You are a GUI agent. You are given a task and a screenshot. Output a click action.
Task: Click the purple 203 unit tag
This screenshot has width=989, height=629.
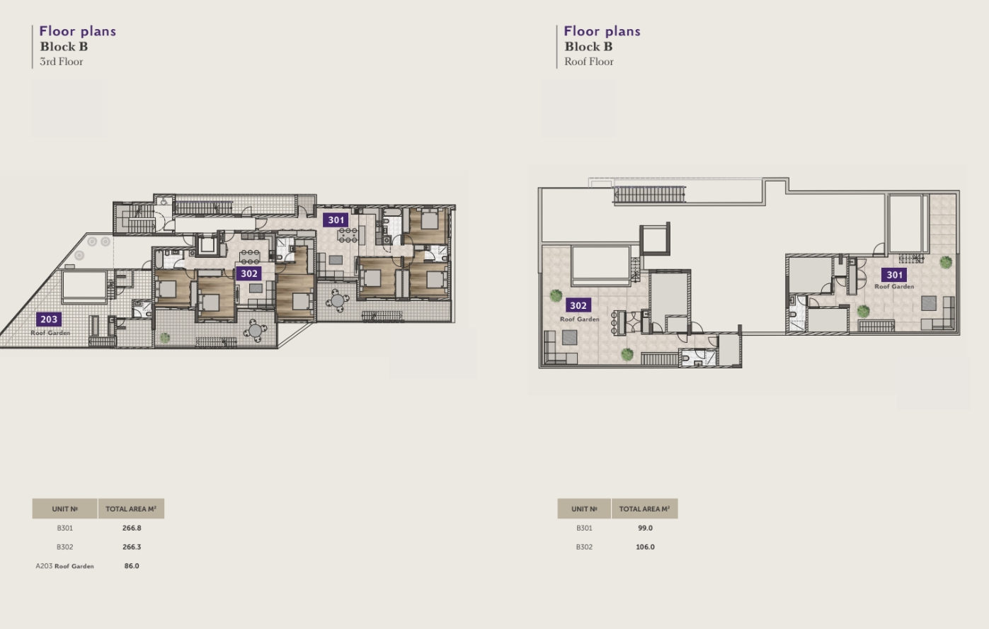click(x=49, y=319)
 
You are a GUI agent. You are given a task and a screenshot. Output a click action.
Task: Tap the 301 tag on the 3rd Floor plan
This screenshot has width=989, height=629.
click(x=336, y=220)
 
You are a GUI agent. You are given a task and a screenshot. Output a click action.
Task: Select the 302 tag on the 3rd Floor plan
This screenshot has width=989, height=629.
click(x=248, y=274)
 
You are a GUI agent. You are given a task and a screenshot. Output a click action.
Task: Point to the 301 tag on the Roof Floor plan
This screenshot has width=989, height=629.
click(x=894, y=275)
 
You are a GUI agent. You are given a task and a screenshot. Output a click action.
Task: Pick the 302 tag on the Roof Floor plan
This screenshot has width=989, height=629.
click(x=578, y=305)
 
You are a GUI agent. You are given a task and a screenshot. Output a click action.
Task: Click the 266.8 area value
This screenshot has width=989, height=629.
click(x=132, y=528)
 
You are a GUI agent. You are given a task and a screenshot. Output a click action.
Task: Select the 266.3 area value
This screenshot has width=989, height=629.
click(x=132, y=547)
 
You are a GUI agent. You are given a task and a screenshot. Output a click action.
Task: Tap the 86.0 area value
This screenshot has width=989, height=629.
click(x=132, y=566)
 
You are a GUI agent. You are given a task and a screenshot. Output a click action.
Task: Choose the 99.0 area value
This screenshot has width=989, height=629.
click(x=645, y=528)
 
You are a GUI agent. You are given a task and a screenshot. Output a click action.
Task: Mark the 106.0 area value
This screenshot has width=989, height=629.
click(x=645, y=547)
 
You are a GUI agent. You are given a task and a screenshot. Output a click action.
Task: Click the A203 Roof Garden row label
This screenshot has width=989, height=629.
click(x=65, y=566)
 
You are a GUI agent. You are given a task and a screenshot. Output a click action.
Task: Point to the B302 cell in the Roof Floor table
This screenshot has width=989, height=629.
click(x=584, y=547)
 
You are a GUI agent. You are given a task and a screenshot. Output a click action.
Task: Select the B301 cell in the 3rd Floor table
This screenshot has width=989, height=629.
click(x=65, y=528)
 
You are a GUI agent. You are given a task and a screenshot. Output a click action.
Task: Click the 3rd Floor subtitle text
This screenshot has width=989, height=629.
click(x=62, y=62)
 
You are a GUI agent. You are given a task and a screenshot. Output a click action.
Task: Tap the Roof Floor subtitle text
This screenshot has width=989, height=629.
click(x=589, y=62)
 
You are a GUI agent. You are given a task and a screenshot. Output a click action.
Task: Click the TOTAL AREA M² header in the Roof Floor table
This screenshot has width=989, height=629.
click(x=645, y=509)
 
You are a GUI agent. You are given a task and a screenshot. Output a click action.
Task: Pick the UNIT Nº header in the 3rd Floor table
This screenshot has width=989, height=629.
click(x=65, y=509)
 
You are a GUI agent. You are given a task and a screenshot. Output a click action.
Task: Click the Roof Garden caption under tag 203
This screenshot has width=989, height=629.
click(x=50, y=333)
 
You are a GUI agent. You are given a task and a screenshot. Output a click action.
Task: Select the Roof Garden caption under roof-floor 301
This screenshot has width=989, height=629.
click(x=894, y=286)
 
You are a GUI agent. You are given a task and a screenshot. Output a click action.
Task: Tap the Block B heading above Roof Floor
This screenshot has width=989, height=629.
click(x=588, y=46)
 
